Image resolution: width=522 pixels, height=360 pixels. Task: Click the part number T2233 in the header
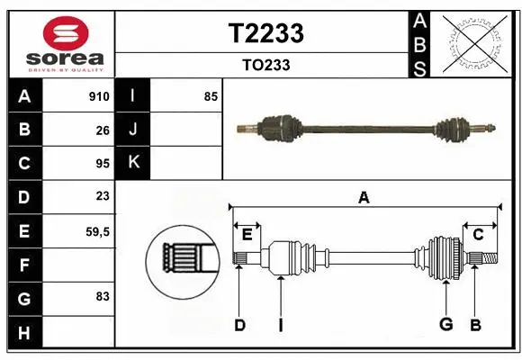click(x=267, y=33)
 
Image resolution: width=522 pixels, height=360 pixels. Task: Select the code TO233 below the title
click(x=266, y=65)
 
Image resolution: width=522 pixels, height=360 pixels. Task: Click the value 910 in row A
click(x=99, y=96)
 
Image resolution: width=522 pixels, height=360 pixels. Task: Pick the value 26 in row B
click(x=103, y=130)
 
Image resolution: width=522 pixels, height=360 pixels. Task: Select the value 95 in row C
click(x=103, y=165)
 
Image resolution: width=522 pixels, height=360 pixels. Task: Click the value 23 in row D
click(x=103, y=196)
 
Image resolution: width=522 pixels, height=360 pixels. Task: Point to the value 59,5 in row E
click(x=97, y=231)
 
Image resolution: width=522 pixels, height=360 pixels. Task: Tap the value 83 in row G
click(x=103, y=296)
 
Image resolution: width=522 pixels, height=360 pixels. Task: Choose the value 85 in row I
click(x=211, y=96)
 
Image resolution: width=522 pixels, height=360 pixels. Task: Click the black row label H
click(x=23, y=333)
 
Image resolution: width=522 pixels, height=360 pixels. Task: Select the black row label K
click(x=133, y=162)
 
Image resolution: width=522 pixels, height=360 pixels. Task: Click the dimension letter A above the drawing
click(x=364, y=198)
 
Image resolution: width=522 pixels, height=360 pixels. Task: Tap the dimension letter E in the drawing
click(x=247, y=235)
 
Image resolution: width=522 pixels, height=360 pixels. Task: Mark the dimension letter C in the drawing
click(x=478, y=235)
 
